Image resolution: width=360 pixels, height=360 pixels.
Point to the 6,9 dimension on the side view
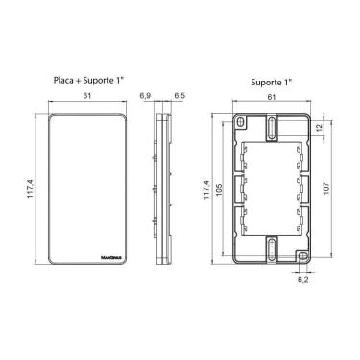(145, 96)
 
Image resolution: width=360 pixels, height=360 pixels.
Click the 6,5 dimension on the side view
(180, 96)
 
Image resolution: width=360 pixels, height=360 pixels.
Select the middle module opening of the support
(273, 188)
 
